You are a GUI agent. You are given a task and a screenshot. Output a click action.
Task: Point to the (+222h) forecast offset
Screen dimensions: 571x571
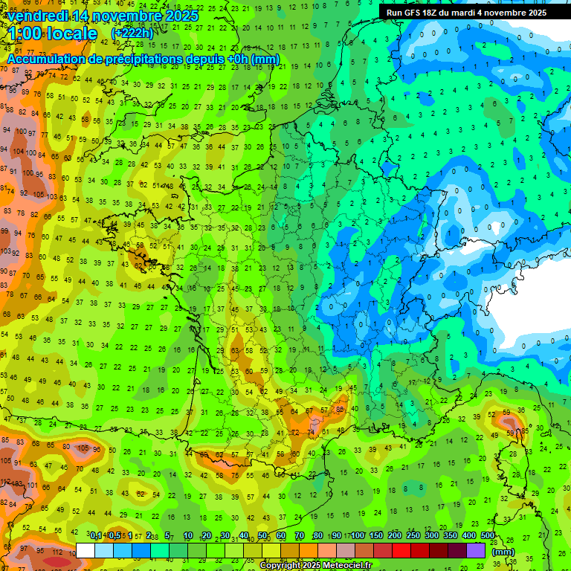(x=132, y=33)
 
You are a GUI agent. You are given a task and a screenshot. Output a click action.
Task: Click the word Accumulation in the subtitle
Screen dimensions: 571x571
(x=45, y=59)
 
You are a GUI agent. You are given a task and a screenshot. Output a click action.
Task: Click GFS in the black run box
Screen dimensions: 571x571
(x=413, y=13)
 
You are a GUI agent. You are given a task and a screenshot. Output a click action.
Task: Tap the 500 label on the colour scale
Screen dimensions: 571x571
(x=488, y=536)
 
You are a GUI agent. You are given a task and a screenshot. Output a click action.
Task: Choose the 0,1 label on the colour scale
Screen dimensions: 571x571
(x=96, y=536)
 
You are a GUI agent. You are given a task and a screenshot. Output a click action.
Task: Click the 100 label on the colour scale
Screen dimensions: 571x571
(x=358, y=536)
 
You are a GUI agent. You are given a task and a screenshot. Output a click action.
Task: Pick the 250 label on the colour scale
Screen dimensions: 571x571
(x=413, y=536)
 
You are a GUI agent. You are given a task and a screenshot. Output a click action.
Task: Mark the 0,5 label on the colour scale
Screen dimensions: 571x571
(x=114, y=536)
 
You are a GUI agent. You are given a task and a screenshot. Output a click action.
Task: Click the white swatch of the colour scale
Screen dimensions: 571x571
(x=86, y=550)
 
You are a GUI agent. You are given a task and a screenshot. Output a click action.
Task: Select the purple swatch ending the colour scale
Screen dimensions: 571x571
(x=476, y=550)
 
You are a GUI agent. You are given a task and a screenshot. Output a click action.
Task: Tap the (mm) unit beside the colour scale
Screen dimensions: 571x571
(x=503, y=551)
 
